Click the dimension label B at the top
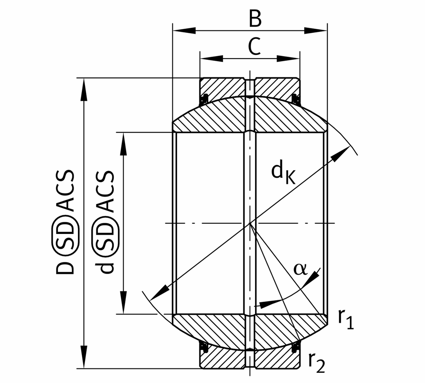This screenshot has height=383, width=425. [255, 19]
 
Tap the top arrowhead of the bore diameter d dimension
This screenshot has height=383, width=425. [123, 144]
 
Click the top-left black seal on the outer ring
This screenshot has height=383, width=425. [204, 99]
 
